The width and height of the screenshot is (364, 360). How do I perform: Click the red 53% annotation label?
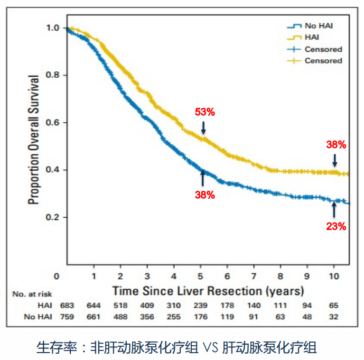(x=205, y=112)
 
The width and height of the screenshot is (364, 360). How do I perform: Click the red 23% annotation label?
(x=336, y=226)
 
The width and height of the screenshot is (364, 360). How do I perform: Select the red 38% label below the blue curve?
(x=205, y=195)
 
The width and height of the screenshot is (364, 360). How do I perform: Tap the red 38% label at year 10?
(x=336, y=144)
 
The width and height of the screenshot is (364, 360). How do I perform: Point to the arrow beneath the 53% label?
(x=203, y=127)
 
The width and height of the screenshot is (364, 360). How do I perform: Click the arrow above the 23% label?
(x=333, y=209)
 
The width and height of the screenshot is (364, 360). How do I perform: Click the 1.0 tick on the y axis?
(x=53, y=28)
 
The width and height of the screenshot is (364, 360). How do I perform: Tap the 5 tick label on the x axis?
(x=200, y=276)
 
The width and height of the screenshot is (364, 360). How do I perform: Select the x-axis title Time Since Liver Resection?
(x=208, y=291)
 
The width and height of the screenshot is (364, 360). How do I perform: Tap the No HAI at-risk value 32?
(x=333, y=317)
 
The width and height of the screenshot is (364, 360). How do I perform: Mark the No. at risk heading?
(x=31, y=294)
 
